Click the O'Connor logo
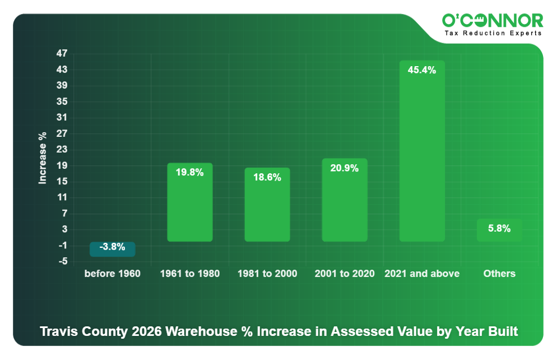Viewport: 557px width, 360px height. coord(493,21)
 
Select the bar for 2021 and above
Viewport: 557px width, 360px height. coord(422,157)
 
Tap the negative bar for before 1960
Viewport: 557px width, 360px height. coord(113,250)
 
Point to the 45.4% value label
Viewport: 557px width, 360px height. coord(422,70)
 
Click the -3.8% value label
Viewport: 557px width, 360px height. coord(112,247)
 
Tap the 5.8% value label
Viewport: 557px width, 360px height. coord(499,228)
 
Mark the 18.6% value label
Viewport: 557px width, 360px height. coord(267,177)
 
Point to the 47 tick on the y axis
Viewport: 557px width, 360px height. coord(62,54)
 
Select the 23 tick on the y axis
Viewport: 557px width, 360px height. coord(62,150)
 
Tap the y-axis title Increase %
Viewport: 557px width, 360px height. coord(43,158)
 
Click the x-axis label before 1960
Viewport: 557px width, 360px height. coord(113,274)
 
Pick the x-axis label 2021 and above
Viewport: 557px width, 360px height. coord(422,274)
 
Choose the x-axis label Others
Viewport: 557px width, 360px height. coord(499,274)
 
